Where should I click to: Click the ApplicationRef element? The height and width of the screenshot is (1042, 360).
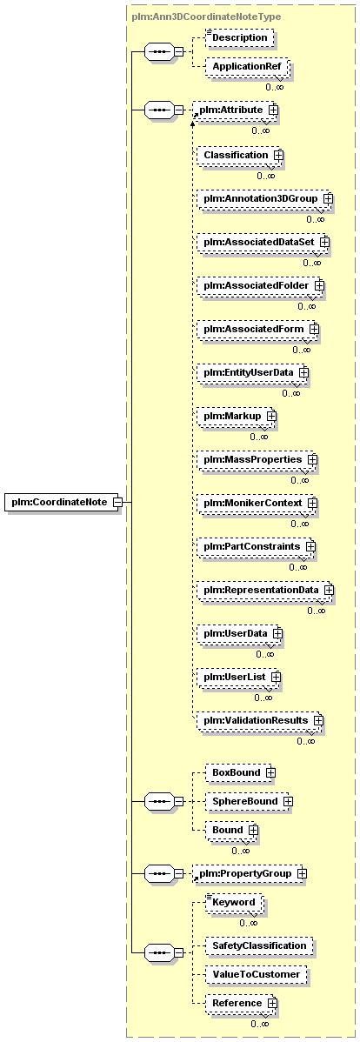[243, 67]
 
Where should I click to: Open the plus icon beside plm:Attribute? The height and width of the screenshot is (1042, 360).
[272, 109]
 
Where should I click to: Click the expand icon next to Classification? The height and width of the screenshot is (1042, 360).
[278, 155]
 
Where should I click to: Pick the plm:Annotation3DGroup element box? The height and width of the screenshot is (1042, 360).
[264, 198]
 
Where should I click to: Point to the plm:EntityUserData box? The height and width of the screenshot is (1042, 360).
[252, 372]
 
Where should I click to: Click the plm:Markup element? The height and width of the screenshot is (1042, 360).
[237, 416]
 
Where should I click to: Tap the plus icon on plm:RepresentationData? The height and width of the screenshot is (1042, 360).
[328, 590]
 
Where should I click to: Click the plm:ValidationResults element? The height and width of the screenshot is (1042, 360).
[260, 719]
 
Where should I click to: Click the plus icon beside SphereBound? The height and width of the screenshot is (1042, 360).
[289, 801]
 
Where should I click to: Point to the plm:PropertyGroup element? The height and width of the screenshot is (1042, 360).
[251, 872]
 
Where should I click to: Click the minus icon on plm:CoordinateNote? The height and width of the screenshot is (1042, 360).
[117, 503]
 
